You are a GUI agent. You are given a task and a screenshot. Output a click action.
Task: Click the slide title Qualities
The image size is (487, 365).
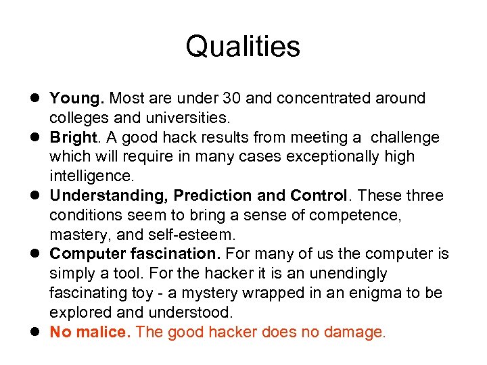[x=243, y=47]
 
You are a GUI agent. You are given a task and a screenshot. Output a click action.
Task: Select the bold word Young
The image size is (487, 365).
[x=76, y=99]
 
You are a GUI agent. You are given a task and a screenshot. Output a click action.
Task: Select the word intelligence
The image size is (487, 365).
[x=92, y=176]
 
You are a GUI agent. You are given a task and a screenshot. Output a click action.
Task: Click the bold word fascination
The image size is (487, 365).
[x=181, y=254]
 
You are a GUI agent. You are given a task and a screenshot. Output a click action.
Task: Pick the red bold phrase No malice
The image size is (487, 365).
[x=91, y=332]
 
